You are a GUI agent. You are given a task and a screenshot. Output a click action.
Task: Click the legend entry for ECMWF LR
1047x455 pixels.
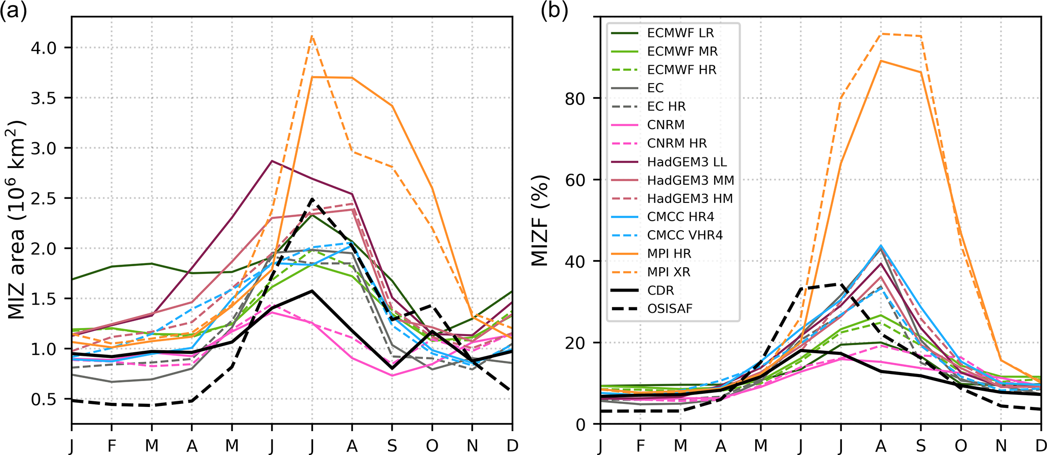(x=680, y=33)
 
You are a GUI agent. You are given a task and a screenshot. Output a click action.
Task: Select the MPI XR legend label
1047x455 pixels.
(x=669, y=272)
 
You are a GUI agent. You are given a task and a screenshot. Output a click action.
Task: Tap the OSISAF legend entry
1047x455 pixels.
(x=670, y=309)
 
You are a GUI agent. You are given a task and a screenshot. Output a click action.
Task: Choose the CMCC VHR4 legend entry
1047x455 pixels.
(x=685, y=235)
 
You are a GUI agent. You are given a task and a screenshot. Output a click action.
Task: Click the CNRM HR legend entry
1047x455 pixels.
(x=677, y=144)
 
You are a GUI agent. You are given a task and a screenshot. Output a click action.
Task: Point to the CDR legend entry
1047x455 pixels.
(x=661, y=291)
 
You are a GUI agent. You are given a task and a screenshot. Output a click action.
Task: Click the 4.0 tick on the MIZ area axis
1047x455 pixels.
(x=44, y=48)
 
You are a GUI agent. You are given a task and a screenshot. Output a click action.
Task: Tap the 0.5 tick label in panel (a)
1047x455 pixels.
(x=44, y=399)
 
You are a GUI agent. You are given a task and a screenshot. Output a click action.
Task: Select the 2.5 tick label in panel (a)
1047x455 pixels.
(x=44, y=198)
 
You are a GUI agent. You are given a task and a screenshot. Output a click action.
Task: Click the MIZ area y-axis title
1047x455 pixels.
(x=17, y=220)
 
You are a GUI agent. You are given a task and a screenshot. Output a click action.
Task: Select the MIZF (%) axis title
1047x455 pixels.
(x=540, y=220)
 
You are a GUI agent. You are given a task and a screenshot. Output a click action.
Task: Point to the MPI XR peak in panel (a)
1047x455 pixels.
(x=312, y=35)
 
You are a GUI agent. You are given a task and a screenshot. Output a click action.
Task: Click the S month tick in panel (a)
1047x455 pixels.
(x=392, y=445)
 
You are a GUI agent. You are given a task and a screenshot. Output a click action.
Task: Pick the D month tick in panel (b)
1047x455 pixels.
(x=1040, y=445)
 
